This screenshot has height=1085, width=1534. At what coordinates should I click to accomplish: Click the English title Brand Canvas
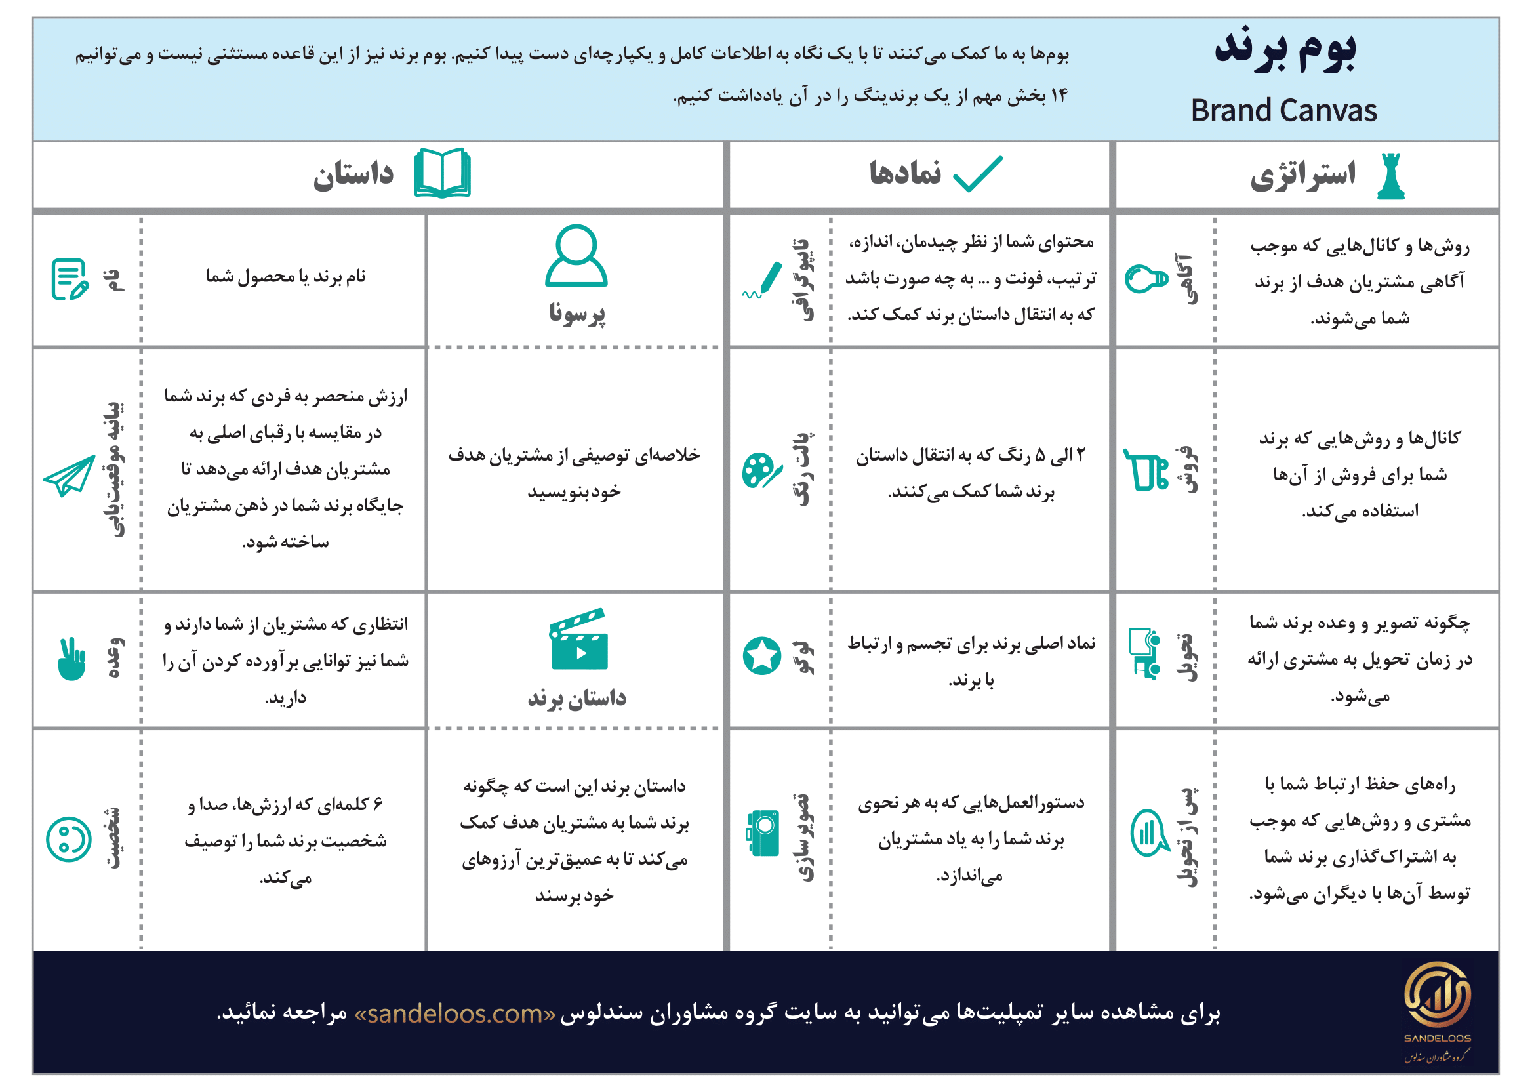[x=1283, y=111]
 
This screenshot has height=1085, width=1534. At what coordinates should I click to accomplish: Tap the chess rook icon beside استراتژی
[x=1390, y=176]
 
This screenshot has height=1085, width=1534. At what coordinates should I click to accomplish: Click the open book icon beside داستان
[x=442, y=173]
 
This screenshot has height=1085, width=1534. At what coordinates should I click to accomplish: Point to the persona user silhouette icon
[x=576, y=256]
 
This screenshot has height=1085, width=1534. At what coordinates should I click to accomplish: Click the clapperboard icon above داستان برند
[x=578, y=640]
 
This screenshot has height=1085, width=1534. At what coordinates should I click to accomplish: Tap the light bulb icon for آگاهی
[x=1146, y=279]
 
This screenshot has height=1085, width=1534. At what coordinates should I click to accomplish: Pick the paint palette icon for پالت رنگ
[x=761, y=470]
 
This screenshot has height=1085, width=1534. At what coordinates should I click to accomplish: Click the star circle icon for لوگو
[x=761, y=655]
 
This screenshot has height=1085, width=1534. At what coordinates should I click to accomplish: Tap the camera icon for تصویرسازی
[x=763, y=833]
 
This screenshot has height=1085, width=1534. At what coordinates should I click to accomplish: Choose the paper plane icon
[x=70, y=475]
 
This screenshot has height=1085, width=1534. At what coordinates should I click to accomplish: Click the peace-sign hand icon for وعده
[x=71, y=659]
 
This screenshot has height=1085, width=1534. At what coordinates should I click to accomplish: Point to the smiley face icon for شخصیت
[x=69, y=839]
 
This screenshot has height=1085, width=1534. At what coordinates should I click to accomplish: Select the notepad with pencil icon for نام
[x=70, y=279]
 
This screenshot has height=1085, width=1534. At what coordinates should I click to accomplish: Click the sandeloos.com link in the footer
[x=455, y=1013]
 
